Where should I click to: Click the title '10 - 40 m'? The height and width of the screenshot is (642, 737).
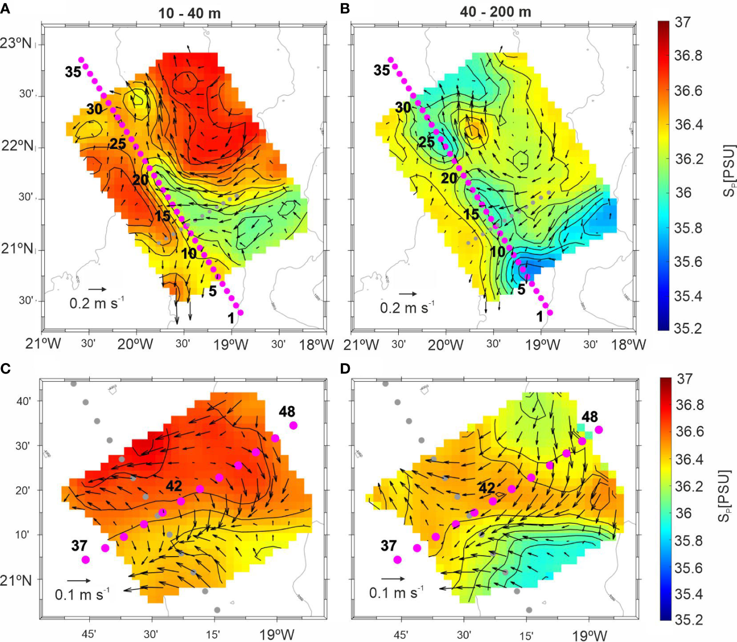189,13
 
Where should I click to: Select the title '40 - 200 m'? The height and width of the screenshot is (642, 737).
495,12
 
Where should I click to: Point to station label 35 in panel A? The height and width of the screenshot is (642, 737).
73,72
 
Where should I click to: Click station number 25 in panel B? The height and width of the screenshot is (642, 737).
426,142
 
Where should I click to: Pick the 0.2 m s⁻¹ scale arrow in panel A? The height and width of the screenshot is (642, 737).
97,289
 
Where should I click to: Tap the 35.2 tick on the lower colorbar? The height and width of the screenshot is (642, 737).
689,620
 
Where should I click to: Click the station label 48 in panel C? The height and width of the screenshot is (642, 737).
287,412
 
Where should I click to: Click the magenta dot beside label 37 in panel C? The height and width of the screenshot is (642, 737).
85,560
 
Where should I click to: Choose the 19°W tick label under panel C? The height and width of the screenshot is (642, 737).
277,634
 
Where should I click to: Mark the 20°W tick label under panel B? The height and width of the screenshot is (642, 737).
445,344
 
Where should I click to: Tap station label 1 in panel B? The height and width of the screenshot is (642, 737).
539,317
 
